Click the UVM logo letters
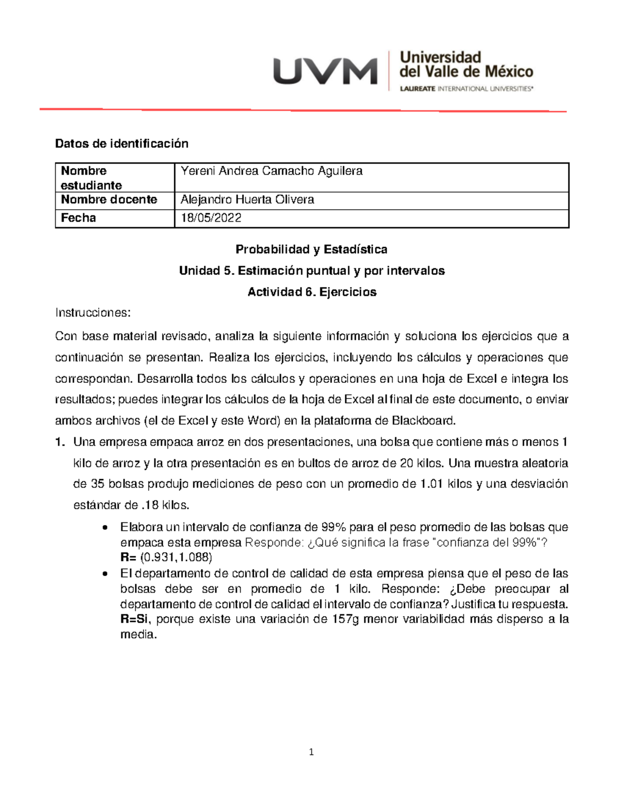point(325,71)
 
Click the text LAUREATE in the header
point(418,89)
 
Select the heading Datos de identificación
point(122,144)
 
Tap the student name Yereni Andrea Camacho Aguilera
point(271,171)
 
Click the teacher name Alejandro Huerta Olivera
point(247,200)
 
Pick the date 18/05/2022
point(211,218)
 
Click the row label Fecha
point(79,218)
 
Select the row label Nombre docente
point(109,200)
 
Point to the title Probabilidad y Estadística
point(311,250)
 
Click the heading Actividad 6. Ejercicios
point(311,292)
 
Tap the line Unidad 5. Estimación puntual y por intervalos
point(311,271)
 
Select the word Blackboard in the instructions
point(423,420)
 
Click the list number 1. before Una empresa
point(60,442)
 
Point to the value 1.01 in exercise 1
point(431,484)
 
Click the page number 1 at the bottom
point(311,752)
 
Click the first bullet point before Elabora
point(106,528)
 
